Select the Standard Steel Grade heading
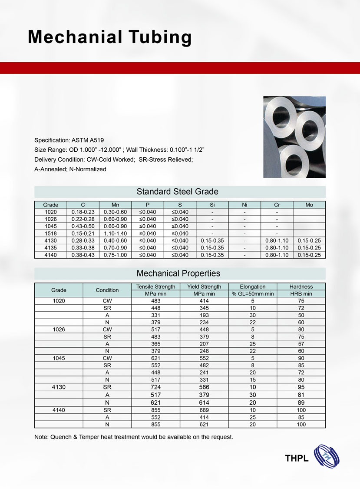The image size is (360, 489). tap(177, 191)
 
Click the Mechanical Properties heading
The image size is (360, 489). tap(178, 273)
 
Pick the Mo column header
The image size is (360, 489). tap(309, 204)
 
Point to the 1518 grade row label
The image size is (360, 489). tap(50, 233)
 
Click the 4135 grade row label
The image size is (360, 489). tap(50, 248)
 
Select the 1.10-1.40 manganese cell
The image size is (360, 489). tap(115, 233)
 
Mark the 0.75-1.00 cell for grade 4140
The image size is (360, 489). tap(115, 255)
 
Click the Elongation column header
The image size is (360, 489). tap(252, 286)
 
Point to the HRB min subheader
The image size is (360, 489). tap(301, 294)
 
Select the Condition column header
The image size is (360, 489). tap(107, 290)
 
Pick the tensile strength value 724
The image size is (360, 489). tap(155, 387)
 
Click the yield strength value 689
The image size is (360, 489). tap(204, 410)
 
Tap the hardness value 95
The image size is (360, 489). tap(301, 387)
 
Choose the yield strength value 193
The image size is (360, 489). tap(204, 315)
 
